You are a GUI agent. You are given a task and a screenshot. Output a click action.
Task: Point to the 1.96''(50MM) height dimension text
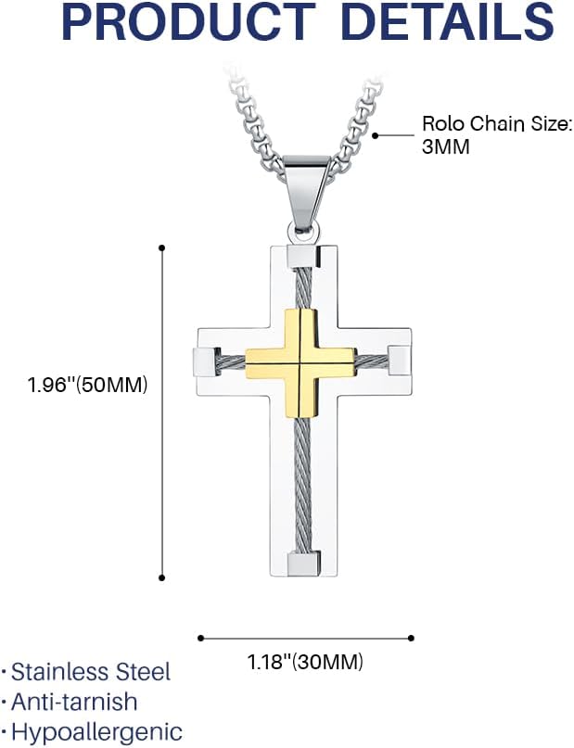87,385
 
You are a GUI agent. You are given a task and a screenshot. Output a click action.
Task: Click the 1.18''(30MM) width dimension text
305,662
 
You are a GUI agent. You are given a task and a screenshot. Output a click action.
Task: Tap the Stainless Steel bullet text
91,671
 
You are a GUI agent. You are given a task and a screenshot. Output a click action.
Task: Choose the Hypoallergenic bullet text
96,731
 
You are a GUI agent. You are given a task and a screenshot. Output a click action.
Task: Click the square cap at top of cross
301,256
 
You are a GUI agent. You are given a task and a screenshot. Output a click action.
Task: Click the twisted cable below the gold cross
300,482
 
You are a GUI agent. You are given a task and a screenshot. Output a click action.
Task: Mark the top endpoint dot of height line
162,247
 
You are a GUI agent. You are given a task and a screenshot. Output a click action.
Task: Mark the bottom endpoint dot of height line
162,577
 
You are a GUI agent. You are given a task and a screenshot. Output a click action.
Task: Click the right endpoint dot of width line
412,638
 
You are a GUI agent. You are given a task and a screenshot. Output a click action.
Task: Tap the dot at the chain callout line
376,135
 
